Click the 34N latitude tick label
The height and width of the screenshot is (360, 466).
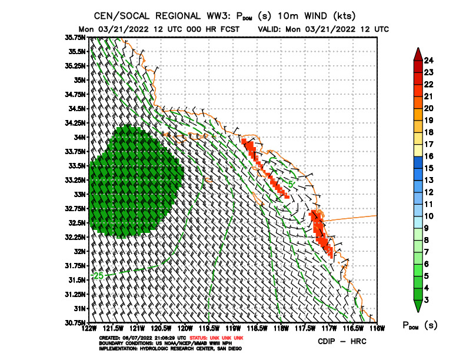pyautogui.click(x=78, y=137)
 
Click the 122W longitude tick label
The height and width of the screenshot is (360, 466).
pyautogui.click(x=89, y=327)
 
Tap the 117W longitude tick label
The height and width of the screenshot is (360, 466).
pyautogui.click(x=329, y=327)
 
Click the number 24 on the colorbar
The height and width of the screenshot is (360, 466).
pyautogui.click(x=429, y=59)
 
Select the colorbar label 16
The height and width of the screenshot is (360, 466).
pyautogui.click(x=429, y=156)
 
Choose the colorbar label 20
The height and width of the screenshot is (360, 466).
pyautogui.click(x=429, y=108)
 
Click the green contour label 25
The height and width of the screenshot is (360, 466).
pyautogui.click(x=98, y=275)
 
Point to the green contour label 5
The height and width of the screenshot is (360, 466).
pyautogui.click(x=291, y=185)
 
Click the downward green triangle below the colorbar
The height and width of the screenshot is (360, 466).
pyautogui.click(x=417, y=306)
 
